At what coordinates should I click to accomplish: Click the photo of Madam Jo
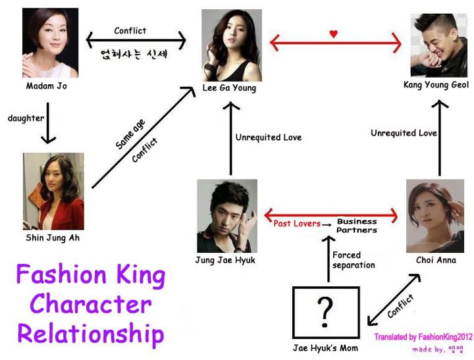click(50, 41)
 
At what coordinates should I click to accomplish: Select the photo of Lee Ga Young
click(231, 45)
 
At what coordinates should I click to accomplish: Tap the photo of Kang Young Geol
click(436, 45)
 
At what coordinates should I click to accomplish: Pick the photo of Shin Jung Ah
click(53, 191)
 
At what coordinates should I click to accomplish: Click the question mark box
click(325, 313)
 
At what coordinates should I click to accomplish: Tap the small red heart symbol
click(334, 34)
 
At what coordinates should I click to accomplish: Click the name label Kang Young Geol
click(436, 86)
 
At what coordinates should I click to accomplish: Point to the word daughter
click(26, 118)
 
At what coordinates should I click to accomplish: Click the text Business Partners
click(357, 226)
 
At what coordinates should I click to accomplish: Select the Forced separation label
click(354, 260)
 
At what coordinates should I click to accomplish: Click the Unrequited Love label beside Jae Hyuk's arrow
click(269, 138)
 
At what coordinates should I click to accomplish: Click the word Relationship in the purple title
click(90, 333)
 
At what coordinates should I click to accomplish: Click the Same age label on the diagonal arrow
click(130, 134)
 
